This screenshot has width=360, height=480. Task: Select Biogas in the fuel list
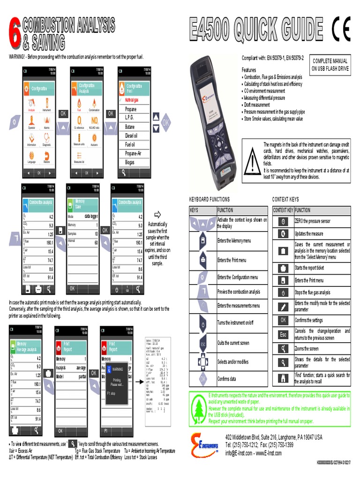pos(130,162)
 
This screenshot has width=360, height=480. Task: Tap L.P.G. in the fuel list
pos(130,118)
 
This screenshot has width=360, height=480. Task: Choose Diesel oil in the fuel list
pos(131,135)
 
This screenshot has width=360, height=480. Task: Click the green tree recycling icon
pos(199,408)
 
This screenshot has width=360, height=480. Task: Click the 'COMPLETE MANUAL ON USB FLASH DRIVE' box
pos(330,65)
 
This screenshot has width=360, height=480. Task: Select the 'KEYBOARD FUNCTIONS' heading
pos(210,199)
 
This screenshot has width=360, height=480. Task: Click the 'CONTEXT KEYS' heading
pos(285,199)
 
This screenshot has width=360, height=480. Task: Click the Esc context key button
pos(283,334)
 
